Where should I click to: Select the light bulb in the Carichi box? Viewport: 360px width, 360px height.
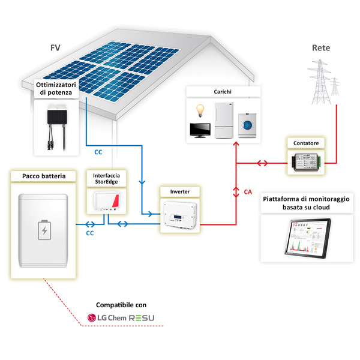click(x=199, y=110)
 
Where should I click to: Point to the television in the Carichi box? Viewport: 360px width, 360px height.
click(x=200, y=131)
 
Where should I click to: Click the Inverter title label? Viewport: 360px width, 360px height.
click(x=179, y=192)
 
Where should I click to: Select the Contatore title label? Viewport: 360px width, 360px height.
click(x=307, y=143)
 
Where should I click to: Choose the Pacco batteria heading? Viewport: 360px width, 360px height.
click(x=43, y=176)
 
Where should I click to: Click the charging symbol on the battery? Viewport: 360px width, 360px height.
click(x=44, y=231)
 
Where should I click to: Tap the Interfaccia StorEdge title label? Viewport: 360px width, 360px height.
click(x=106, y=178)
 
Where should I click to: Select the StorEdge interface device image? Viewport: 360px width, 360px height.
click(x=106, y=202)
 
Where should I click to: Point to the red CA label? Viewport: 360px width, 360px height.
click(x=247, y=192)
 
